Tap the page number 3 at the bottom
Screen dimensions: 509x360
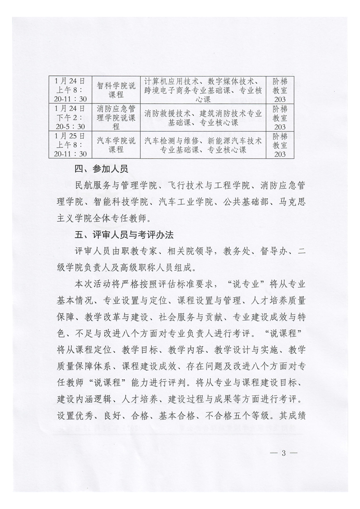[282, 454]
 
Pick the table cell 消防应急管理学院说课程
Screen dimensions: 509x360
[116, 117]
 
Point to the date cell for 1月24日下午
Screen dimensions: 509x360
[69, 117]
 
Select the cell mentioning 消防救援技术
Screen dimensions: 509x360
[203, 117]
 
